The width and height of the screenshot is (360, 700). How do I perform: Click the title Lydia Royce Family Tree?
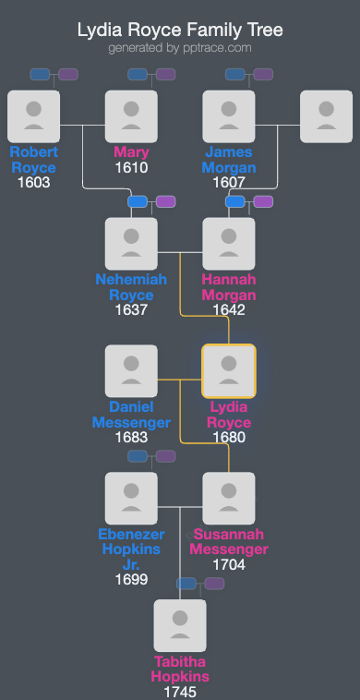179,30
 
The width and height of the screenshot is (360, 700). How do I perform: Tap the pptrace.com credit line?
179,48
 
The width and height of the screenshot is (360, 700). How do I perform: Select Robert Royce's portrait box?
33,116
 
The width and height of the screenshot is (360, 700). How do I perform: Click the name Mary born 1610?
131,152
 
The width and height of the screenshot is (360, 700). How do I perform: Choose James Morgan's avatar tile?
229,116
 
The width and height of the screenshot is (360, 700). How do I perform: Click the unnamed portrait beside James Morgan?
326,116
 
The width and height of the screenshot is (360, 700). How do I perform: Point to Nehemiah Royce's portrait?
131,244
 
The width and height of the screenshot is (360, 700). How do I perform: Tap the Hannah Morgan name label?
229,286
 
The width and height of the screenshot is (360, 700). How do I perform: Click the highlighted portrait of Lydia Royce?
229,371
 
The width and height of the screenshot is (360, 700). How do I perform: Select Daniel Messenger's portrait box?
131,371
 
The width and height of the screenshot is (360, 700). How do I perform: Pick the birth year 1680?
229,437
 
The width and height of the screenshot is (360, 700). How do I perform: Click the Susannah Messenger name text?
229,541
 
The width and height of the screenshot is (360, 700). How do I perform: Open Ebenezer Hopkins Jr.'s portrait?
131,499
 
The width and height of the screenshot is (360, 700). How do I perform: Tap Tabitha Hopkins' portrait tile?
180,626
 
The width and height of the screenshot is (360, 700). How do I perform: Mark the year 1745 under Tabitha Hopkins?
180,691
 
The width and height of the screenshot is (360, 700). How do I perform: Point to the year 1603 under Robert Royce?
33,182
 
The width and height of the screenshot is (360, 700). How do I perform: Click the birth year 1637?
131,309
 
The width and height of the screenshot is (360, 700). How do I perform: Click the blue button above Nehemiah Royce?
138,201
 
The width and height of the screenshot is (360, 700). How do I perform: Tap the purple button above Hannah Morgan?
263,201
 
